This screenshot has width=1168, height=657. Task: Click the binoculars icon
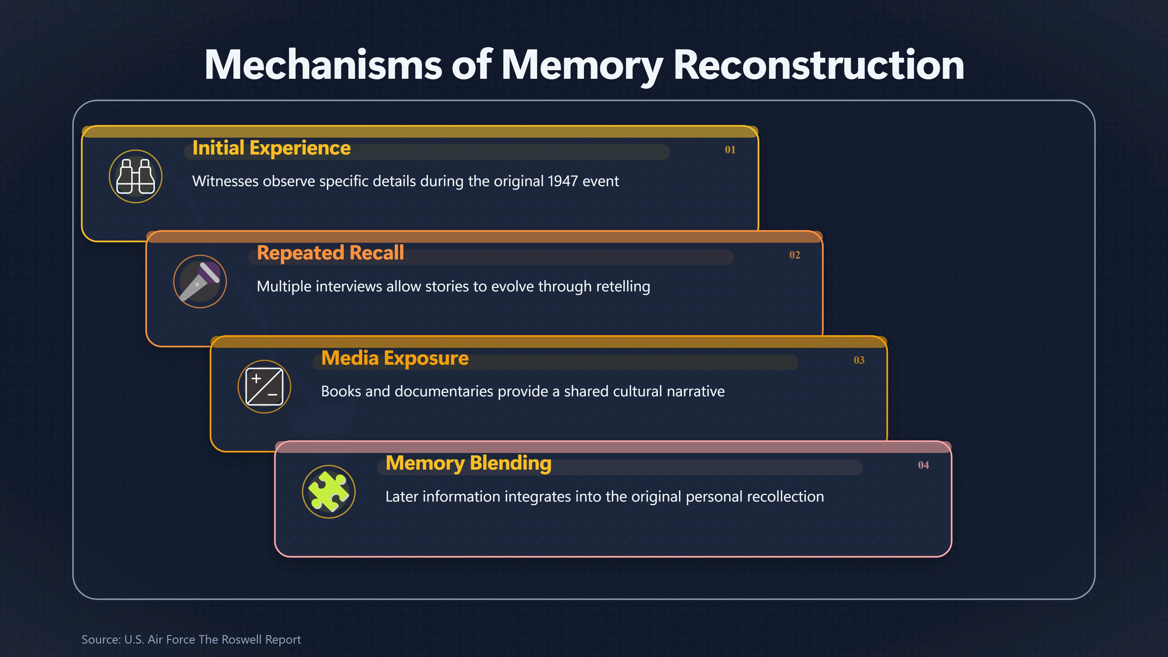tap(136, 176)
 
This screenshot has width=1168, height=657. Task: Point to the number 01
tap(730, 150)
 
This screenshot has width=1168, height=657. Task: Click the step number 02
tap(794, 255)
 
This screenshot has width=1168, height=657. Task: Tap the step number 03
tap(859, 360)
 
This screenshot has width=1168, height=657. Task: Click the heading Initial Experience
tap(271, 148)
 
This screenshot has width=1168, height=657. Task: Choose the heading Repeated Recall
tap(330, 253)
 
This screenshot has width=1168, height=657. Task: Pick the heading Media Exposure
tap(395, 358)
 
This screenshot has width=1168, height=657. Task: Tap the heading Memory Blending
tap(468, 463)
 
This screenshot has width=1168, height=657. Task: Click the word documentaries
tap(443, 391)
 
